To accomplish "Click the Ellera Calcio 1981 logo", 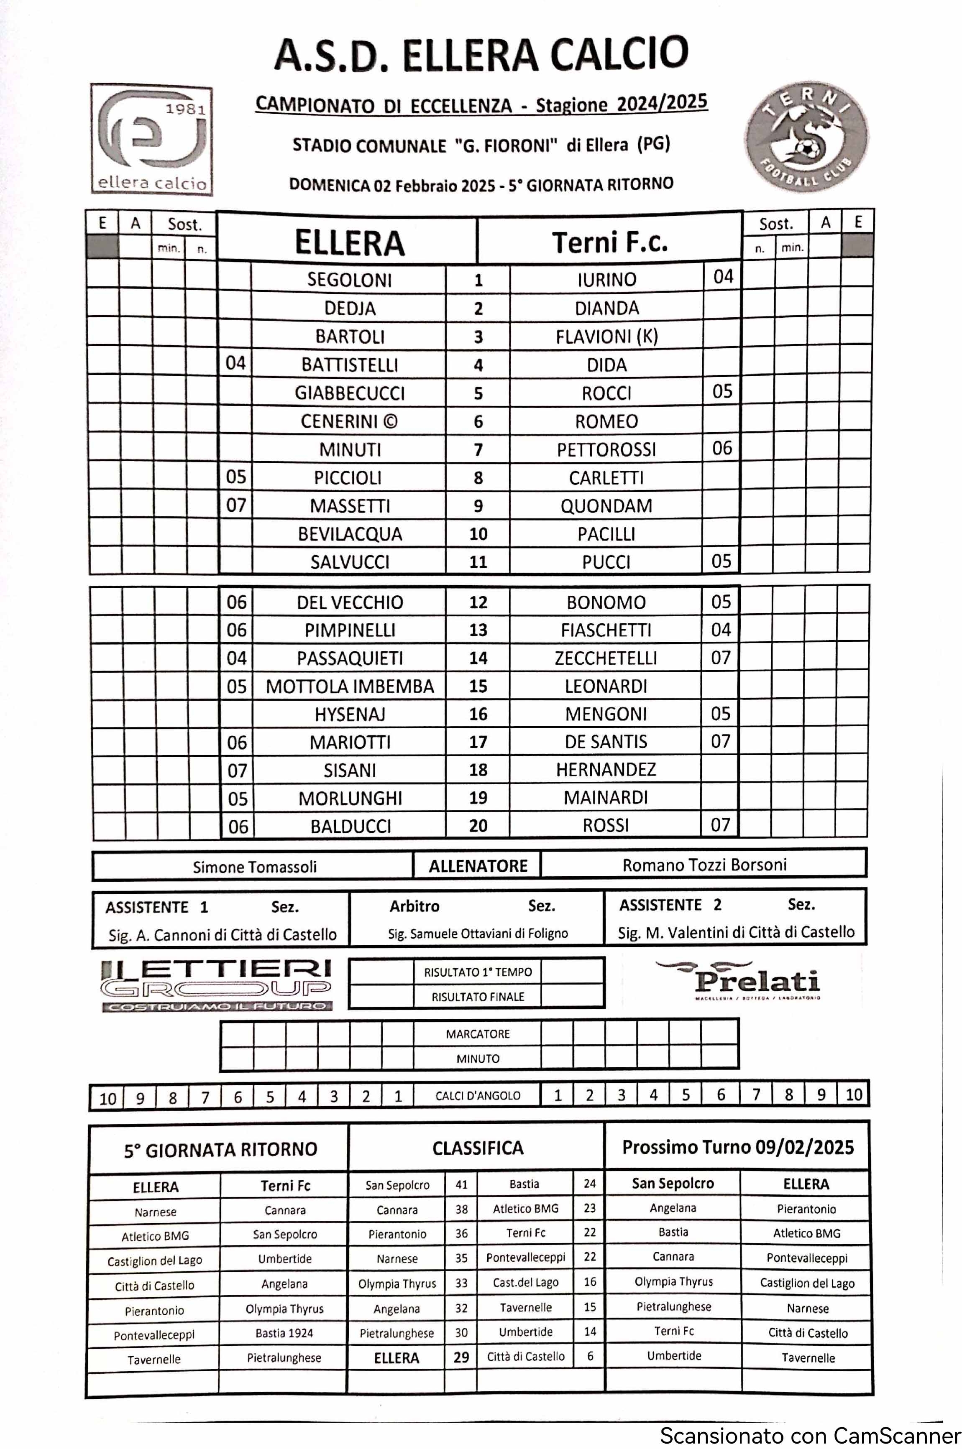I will click(151, 140).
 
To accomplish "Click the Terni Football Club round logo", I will click(807, 138).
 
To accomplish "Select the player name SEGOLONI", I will click(349, 280).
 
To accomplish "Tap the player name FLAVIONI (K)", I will click(606, 337).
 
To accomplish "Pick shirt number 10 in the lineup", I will click(478, 534).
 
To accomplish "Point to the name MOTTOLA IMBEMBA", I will click(350, 686).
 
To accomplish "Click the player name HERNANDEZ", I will click(606, 770).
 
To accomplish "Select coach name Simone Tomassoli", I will click(255, 867).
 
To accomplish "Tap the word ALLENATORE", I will click(478, 866).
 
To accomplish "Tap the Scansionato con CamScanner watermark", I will click(810, 1436).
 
